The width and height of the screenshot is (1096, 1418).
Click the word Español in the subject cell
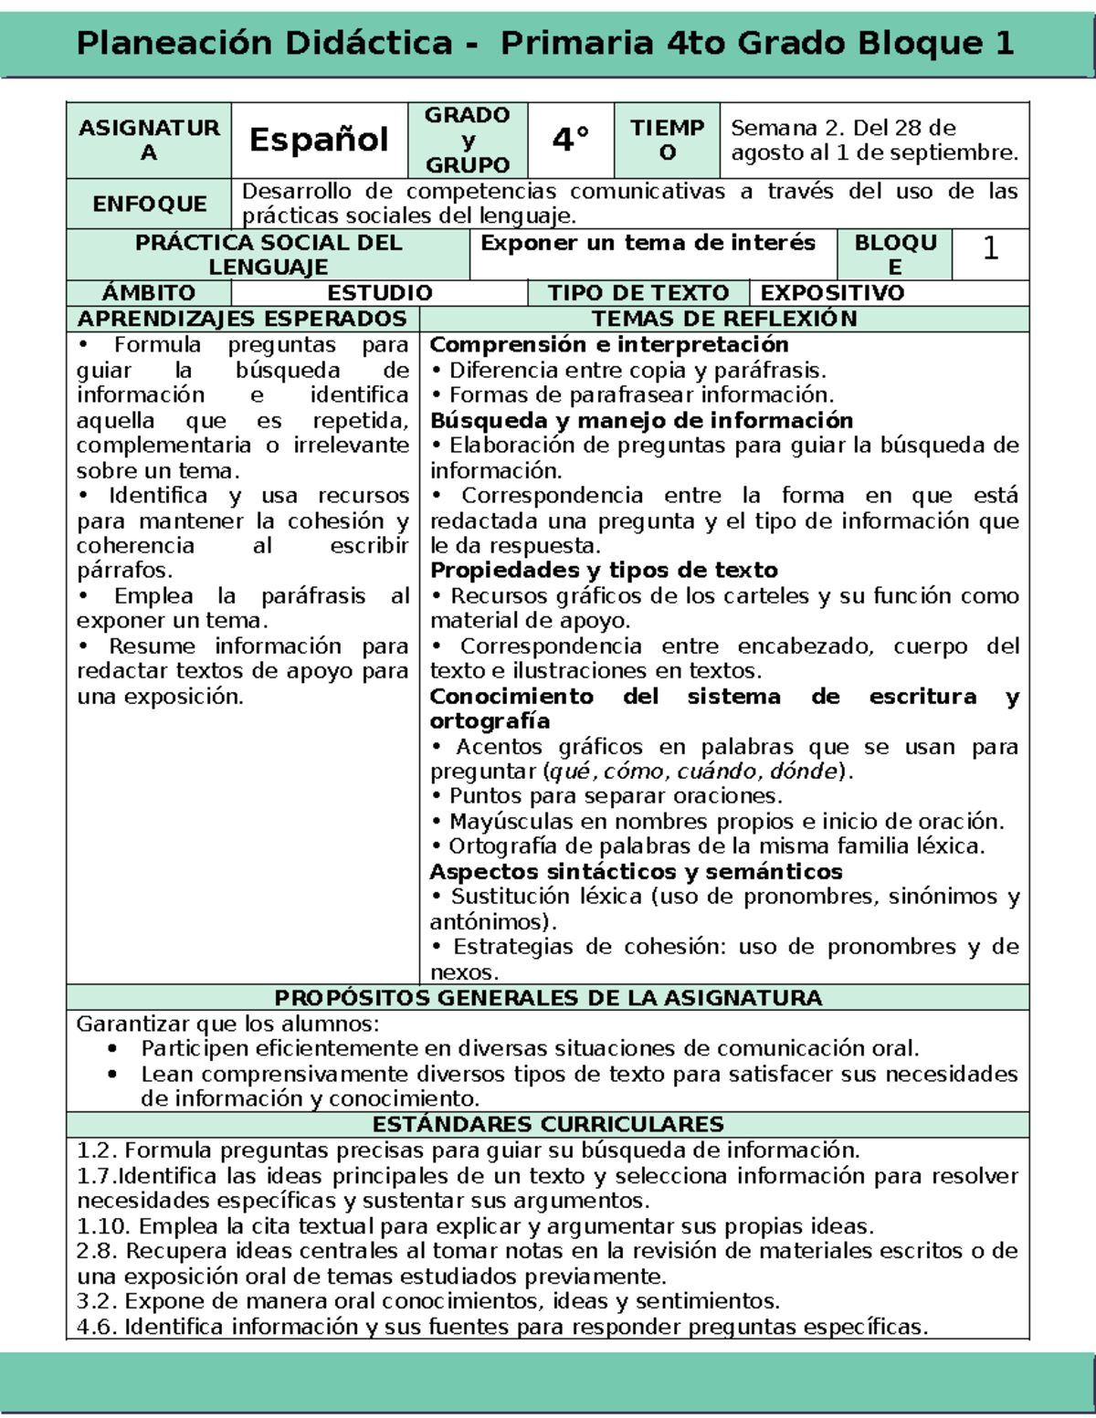point(319,140)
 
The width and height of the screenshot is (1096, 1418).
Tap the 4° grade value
point(570,140)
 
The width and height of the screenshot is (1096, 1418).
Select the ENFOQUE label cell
point(149,204)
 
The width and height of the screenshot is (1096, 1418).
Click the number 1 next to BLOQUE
point(990,249)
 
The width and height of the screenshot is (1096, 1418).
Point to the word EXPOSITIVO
point(832,293)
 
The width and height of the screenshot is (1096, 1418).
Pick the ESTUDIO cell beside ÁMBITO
point(379,293)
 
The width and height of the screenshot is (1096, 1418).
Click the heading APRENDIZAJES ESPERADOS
point(242,319)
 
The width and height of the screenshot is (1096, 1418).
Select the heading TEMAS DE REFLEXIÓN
point(724,319)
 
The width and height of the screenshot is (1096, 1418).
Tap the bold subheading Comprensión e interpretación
point(609,344)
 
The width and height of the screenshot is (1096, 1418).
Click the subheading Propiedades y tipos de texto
point(604,571)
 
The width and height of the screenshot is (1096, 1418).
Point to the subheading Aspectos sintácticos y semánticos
point(636,872)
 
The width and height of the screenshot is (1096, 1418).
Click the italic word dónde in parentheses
point(804,772)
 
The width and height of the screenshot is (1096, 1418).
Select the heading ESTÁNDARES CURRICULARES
point(548,1124)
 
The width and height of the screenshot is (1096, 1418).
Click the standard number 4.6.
point(96,1327)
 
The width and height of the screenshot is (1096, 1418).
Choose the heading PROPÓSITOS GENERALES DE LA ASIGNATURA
point(548,998)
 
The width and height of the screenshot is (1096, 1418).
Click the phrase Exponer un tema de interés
point(648,243)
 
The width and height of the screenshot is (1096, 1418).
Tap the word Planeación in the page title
point(173,43)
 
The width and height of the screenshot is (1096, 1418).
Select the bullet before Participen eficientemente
point(112,1049)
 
